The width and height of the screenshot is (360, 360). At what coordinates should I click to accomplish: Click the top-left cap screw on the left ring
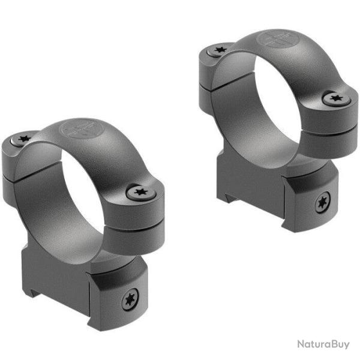[25, 140]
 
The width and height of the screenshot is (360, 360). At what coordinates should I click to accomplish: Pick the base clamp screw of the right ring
[322, 203]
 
